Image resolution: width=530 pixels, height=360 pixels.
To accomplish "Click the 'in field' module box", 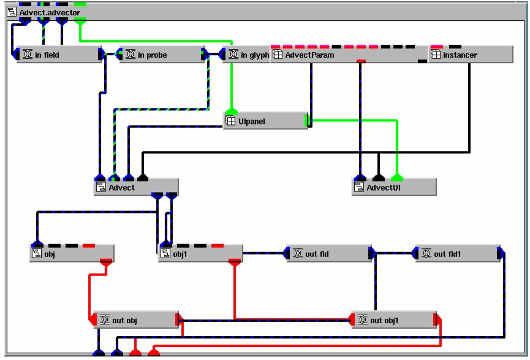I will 58,55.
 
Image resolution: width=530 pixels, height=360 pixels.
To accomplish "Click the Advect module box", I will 136,187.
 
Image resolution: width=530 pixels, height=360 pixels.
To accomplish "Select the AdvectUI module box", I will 395,187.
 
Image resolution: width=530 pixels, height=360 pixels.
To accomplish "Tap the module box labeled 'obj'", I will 71,253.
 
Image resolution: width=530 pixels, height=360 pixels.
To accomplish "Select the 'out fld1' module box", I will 458,253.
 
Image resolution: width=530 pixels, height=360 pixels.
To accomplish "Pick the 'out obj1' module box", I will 395,320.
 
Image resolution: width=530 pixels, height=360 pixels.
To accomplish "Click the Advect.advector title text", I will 50,12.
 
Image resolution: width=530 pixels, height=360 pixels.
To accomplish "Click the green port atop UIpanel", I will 231,111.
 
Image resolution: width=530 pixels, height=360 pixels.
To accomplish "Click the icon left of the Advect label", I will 101,187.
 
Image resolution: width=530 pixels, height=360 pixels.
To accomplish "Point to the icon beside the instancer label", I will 435,55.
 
